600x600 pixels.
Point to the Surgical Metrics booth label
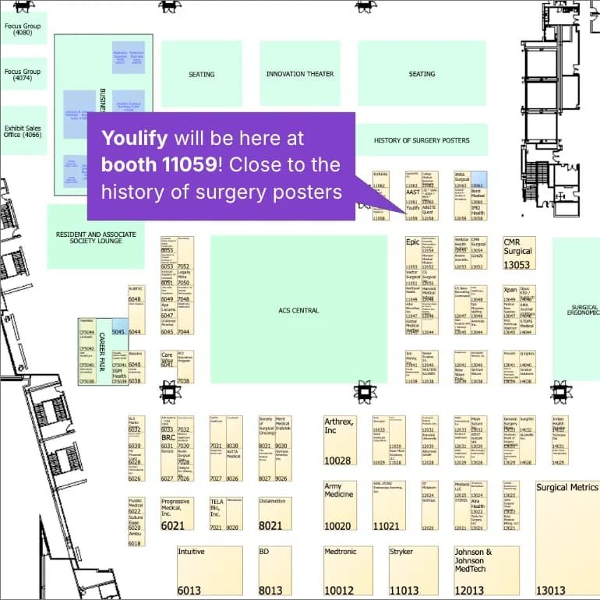(x=566, y=488)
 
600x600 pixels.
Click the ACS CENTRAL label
(x=298, y=310)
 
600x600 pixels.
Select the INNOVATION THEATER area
(x=300, y=74)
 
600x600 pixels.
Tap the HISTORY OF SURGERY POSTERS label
(x=422, y=141)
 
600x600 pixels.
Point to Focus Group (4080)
(x=23, y=29)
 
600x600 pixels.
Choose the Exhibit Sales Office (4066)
(x=23, y=130)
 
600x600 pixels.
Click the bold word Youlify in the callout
(x=134, y=139)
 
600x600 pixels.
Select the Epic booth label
(x=412, y=242)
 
